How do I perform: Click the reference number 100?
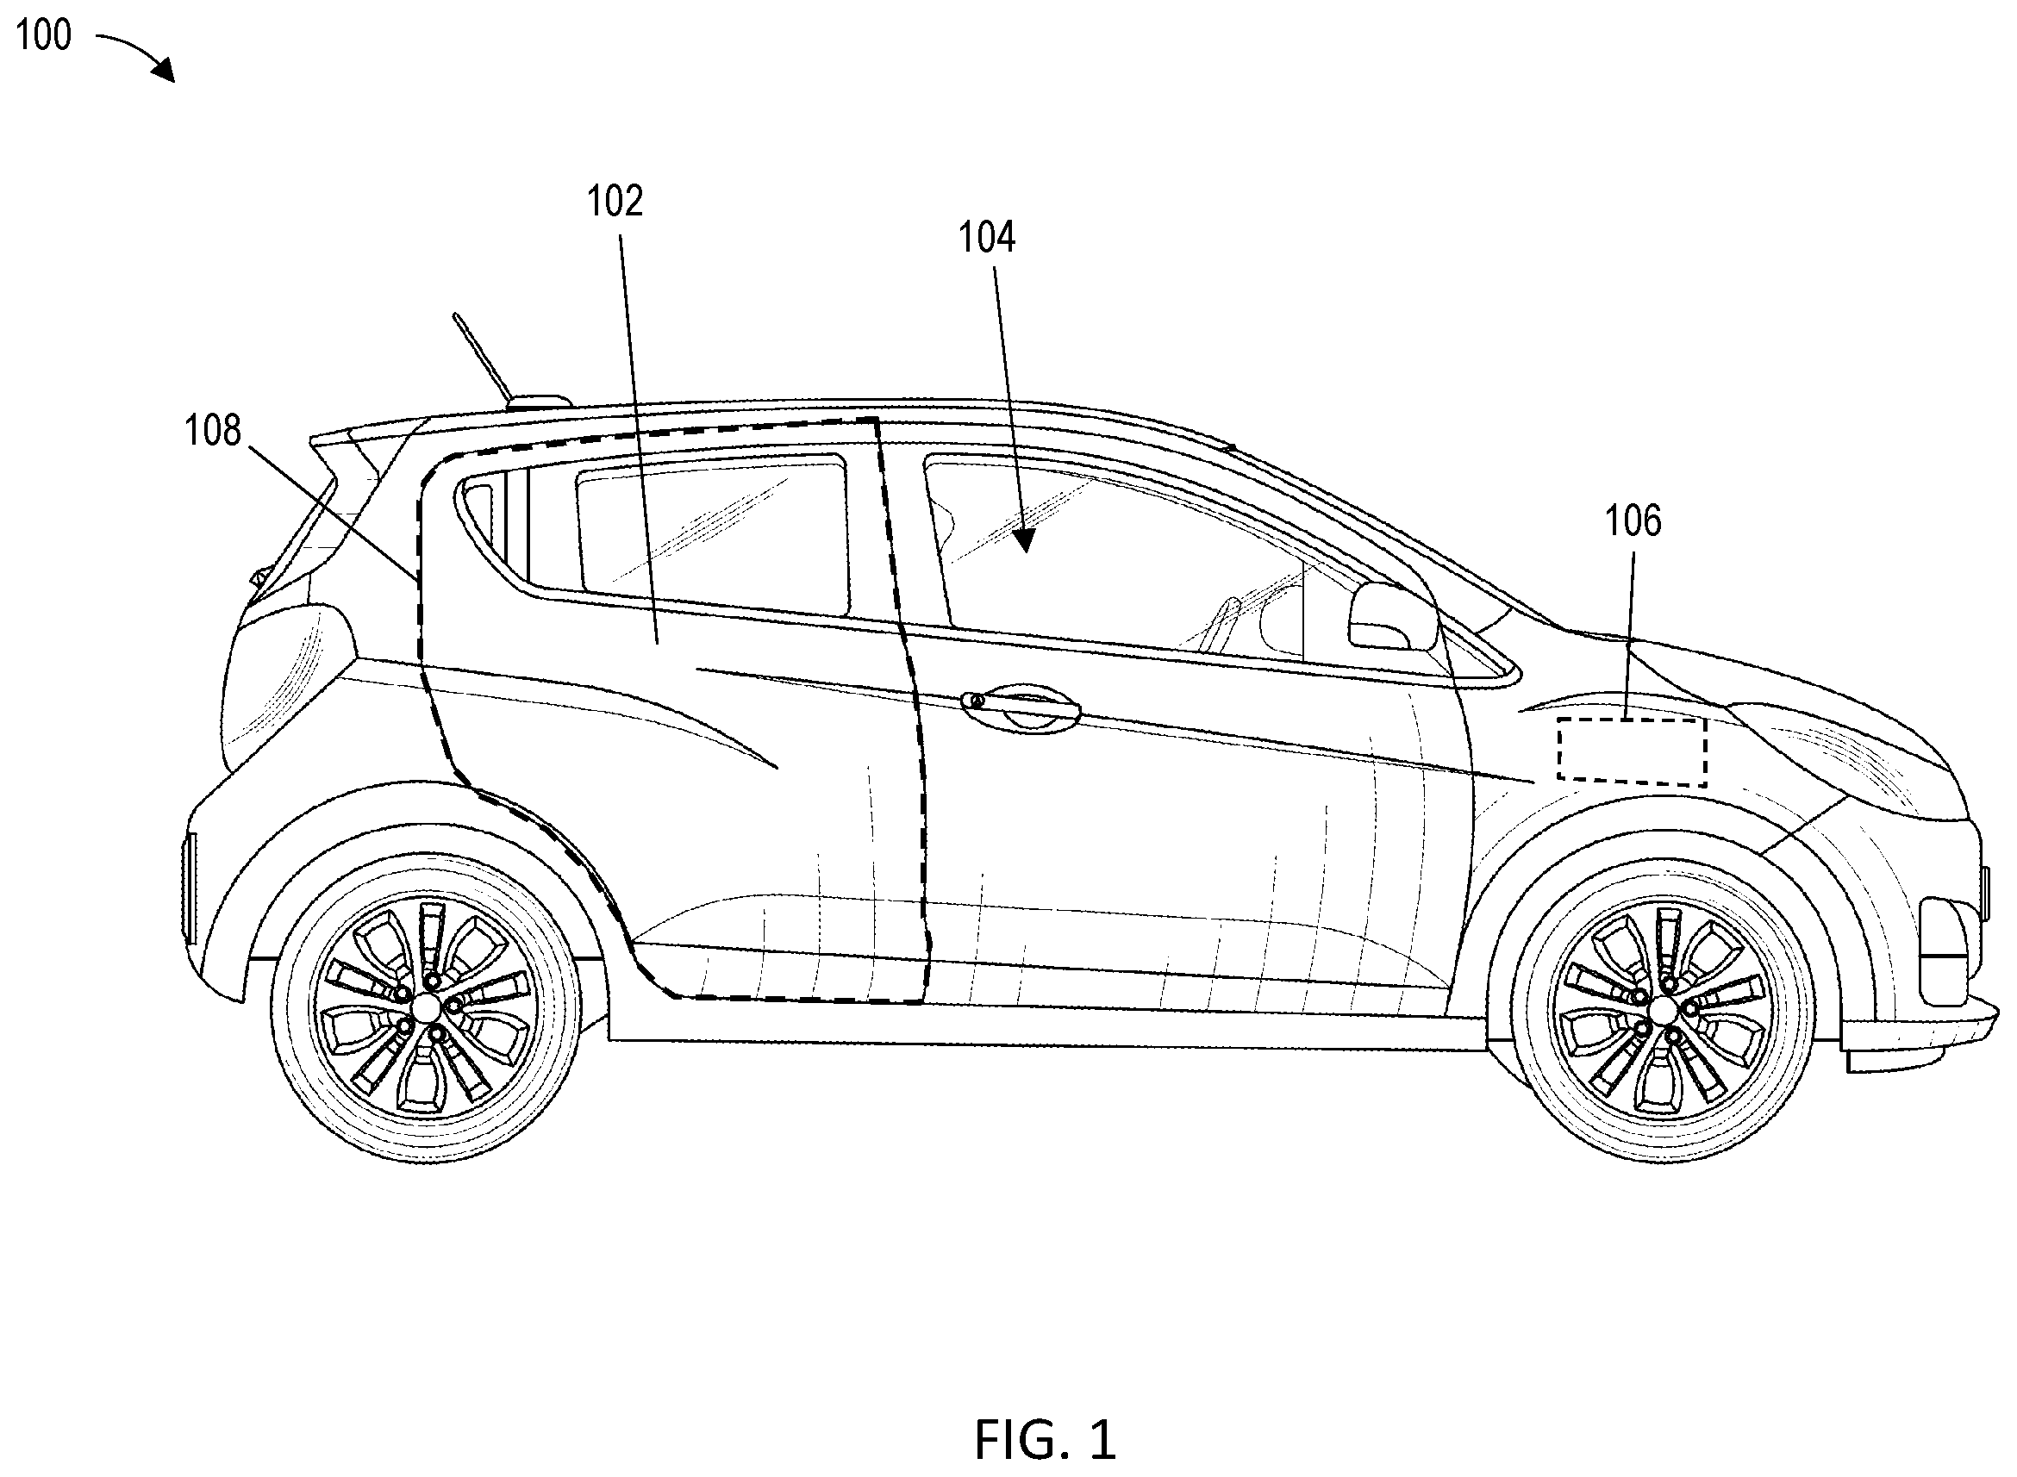44,36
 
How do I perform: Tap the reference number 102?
615,201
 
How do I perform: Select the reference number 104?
987,238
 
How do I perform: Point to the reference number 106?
1633,520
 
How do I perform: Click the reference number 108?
213,430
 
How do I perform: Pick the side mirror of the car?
1391,616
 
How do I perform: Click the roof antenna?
483,358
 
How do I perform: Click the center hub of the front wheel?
1663,1010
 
